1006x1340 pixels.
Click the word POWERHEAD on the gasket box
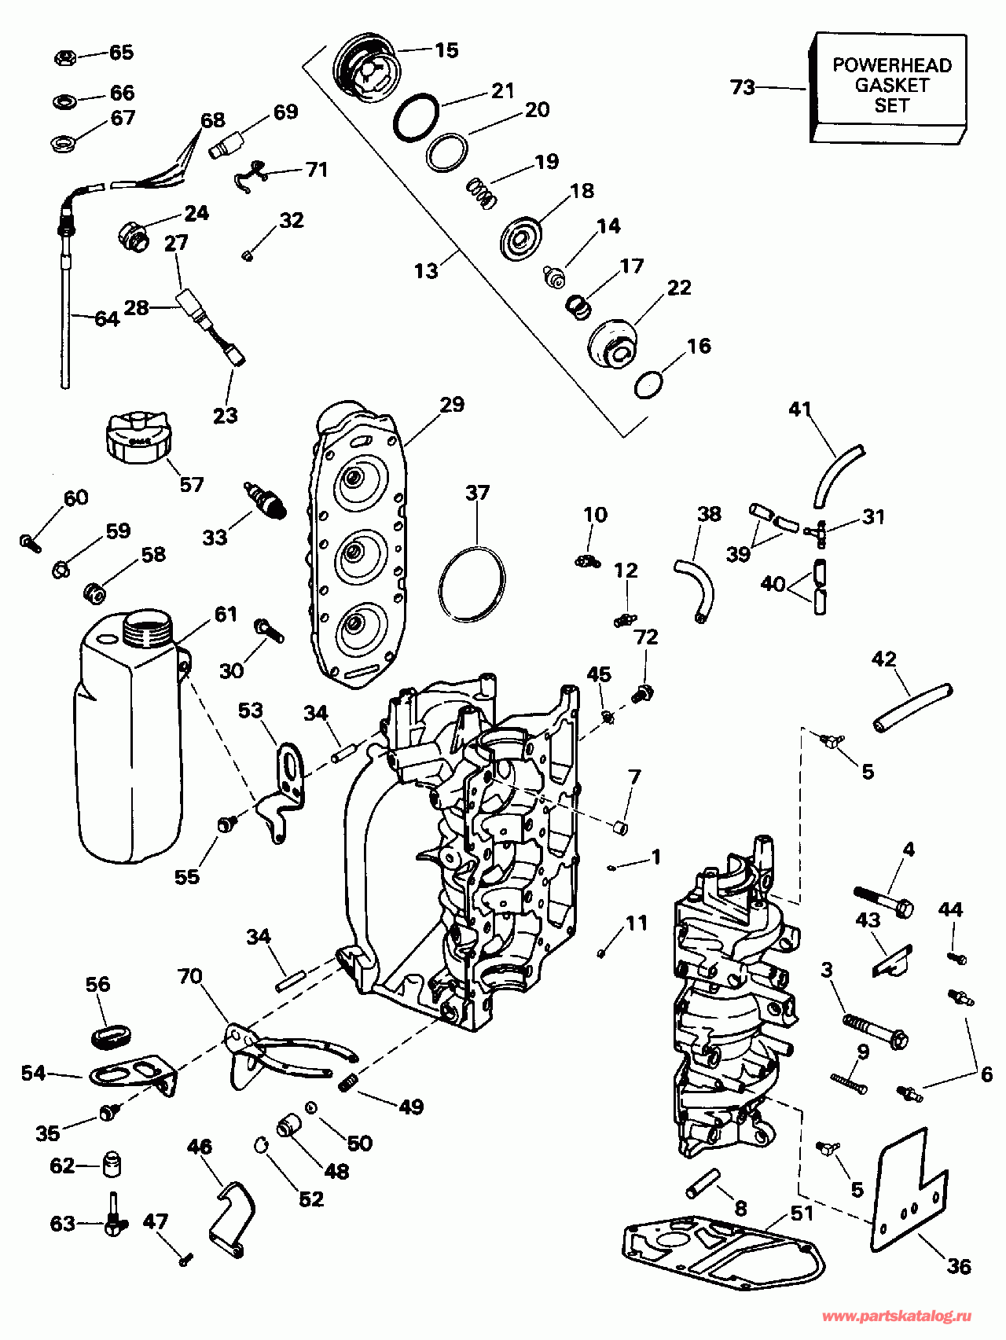(892, 65)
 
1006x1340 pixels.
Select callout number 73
(743, 87)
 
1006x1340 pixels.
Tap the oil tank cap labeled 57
(137, 437)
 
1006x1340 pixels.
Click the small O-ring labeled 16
(648, 384)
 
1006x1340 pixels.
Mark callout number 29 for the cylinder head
(452, 405)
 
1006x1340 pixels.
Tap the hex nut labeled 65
(65, 57)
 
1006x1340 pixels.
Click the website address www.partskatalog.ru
(896, 1316)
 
